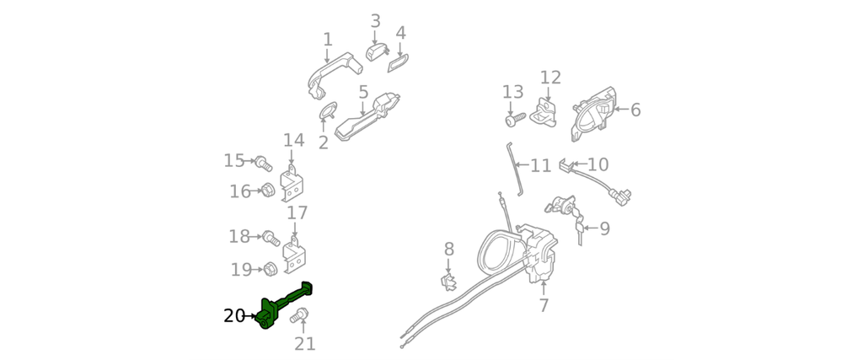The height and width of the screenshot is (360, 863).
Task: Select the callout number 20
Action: pos(234,316)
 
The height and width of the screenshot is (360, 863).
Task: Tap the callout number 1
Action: pos(327,40)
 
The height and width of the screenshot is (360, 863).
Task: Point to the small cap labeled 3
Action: pos(375,51)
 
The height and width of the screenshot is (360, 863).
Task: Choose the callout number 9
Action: pos(604,228)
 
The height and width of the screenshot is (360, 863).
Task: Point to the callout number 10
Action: pos(598,164)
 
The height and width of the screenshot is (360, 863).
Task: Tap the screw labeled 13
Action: pos(512,121)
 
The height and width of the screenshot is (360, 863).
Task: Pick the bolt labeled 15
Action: pos(261,160)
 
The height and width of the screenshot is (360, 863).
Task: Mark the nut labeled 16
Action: pos(265,191)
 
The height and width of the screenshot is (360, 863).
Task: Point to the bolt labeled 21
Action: pos(302,317)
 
